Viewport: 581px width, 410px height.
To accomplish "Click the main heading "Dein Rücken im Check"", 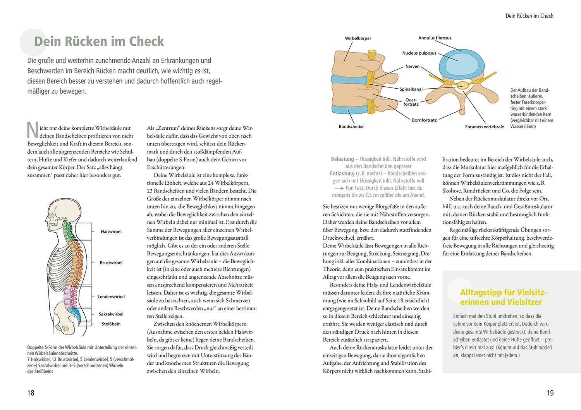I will click(99, 41).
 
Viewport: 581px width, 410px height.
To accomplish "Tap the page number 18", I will click(31, 393).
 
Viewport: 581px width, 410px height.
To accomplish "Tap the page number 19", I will click(550, 393).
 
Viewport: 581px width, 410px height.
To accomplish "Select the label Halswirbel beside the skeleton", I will click(111, 232).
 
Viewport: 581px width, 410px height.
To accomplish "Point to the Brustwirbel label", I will click(111, 262).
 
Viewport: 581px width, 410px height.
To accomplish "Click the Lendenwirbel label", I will click(111, 297).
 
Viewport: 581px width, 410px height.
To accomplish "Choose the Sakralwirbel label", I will click(111, 314).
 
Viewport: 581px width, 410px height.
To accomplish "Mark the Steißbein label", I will click(111, 324).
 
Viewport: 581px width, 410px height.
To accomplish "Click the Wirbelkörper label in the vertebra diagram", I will click(358, 38).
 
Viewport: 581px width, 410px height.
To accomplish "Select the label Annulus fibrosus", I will click(435, 38).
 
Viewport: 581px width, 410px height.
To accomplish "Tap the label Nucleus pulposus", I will click(419, 53).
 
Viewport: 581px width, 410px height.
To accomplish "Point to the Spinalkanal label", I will click(411, 89).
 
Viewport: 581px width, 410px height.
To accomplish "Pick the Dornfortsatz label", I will click(424, 120).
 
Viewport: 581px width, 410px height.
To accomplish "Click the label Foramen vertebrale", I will click(485, 127).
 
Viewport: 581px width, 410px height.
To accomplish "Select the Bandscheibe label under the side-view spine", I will click(351, 127).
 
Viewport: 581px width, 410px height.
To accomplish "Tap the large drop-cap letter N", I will click(32, 129).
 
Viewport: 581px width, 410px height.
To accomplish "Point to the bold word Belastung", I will click(342, 159).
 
